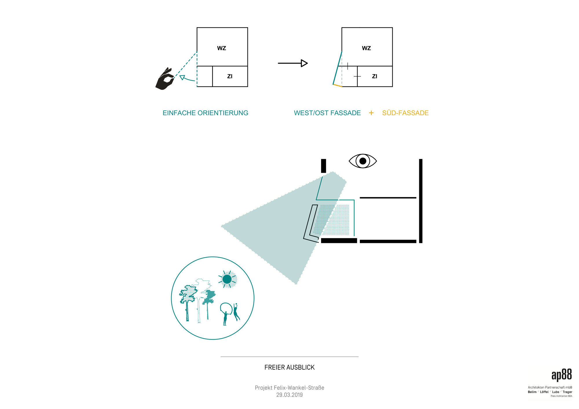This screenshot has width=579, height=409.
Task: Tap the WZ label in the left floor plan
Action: point(221,48)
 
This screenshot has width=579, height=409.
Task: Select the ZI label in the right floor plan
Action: point(375,76)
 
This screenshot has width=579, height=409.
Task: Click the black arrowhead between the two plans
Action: point(304,63)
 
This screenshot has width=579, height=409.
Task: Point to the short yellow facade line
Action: point(338,86)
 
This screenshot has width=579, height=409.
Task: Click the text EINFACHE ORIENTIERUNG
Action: point(206,113)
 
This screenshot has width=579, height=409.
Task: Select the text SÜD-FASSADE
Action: point(405,113)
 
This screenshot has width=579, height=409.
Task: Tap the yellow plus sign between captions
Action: point(371,113)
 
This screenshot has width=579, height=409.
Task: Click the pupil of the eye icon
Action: point(363,161)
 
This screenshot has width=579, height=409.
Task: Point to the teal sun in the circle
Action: point(227,279)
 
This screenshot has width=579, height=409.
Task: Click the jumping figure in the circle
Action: point(236,312)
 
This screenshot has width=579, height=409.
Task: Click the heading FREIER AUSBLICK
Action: point(289,367)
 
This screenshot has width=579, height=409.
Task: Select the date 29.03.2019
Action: point(289,395)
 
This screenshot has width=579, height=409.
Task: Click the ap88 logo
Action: point(562,375)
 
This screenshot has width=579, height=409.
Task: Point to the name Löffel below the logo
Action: point(544,392)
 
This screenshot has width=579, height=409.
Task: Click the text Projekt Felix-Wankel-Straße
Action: point(289,388)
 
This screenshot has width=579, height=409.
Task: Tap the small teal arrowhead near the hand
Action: point(182,77)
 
